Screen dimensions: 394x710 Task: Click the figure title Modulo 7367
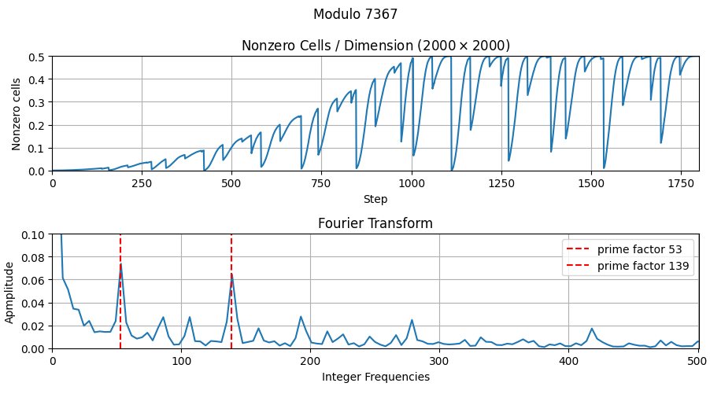(355, 14)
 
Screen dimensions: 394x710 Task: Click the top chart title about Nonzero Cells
(375, 46)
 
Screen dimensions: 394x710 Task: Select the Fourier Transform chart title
(375, 223)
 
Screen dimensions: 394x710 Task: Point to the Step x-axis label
(375, 199)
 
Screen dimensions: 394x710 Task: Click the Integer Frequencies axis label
(375, 377)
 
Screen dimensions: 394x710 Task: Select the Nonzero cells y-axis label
(17, 113)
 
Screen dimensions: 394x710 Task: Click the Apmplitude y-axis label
(10, 291)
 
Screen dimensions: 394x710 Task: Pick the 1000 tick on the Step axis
(412, 182)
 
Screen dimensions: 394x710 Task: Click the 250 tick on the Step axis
(142, 182)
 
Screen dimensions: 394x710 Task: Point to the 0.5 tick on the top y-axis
(37, 57)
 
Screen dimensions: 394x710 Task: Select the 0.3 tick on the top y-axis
(37, 102)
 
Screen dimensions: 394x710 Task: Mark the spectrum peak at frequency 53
(120, 264)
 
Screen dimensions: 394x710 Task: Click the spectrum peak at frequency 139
(231, 274)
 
